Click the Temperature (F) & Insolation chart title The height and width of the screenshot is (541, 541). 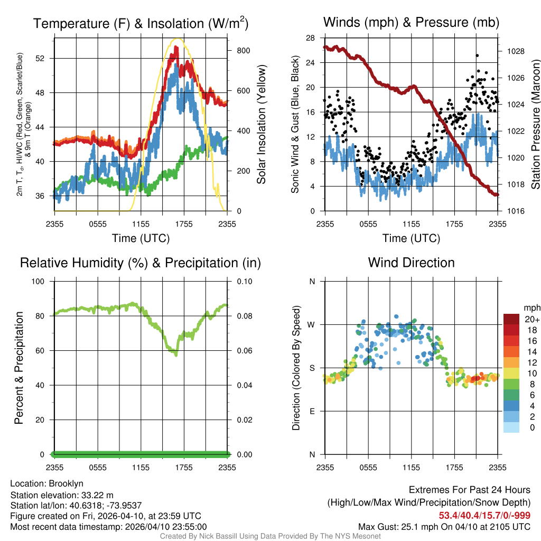(x=141, y=23)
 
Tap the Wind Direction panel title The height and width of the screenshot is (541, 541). (x=411, y=263)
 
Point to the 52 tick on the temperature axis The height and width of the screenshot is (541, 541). (x=45, y=58)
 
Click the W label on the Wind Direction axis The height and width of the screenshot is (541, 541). (x=312, y=324)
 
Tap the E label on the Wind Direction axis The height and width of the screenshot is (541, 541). (x=312, y=411)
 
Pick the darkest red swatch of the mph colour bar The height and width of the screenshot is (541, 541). (x=511, y=319)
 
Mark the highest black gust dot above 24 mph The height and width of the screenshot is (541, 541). (x=477, y=55)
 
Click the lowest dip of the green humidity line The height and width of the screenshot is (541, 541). (x=176, y=355)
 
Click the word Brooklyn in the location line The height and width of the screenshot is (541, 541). (x=66, y=483)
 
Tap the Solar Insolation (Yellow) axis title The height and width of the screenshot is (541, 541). (x=261, y=125)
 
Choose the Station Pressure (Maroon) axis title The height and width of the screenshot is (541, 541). (x=535, y=125)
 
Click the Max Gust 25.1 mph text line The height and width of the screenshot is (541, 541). (x=444, y=526)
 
